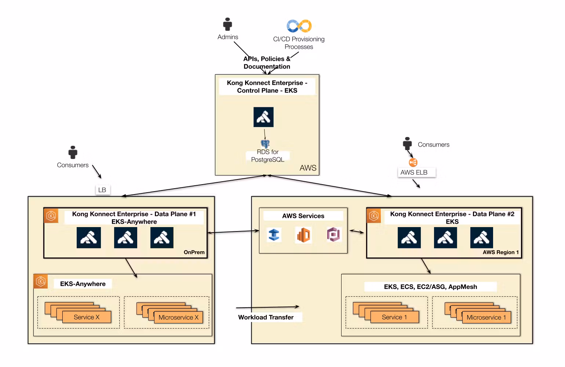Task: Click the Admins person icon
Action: [227, 24]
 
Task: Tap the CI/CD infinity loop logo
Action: [299, 26]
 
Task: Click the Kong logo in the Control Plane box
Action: [263, 117]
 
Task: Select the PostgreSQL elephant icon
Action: [265, 144]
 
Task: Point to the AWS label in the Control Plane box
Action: [308, 168]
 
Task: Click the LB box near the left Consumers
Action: [102, 190]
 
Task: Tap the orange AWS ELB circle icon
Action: [413, 162]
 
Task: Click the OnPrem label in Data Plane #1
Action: [194, 252]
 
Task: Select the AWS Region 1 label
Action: [500, 252]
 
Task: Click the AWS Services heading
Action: [303, 216]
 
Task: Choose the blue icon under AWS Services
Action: [274, 235]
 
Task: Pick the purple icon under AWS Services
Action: [334, 234]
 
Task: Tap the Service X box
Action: [87, 317]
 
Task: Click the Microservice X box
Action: [178, 317]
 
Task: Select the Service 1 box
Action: [394, 317]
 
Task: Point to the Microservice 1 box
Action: [486, 317]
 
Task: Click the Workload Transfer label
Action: [266, 317]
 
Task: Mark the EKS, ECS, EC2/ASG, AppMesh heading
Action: [430, 287]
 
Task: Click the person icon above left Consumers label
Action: [73, 152]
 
